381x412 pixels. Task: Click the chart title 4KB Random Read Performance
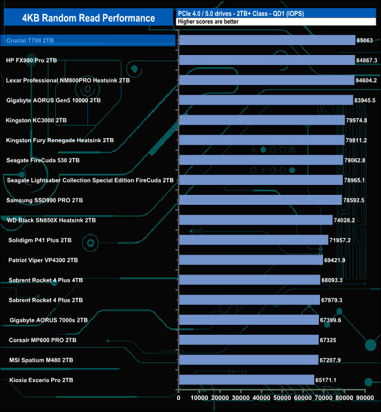[x=89, y=18]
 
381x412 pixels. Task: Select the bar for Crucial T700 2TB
[x=267, y=40]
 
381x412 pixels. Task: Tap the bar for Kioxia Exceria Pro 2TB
[x=246, y=380]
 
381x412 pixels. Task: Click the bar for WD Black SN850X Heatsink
[x=255, y=220]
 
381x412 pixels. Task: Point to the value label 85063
[x=363, y=40]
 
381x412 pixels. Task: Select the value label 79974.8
[x=360, y=121]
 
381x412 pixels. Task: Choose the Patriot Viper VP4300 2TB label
[x=43, y=260]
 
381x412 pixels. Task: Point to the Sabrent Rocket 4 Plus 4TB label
[x=46, y=280]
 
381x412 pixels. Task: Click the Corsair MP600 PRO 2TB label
[x=43, y=340]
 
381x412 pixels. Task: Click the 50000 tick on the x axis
[x=282, y=398]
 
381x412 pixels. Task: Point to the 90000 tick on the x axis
[x=365, y=398]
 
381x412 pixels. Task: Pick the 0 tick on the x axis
[x=179, y=398]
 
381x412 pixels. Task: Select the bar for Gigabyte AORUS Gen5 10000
[x=266, y=100]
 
